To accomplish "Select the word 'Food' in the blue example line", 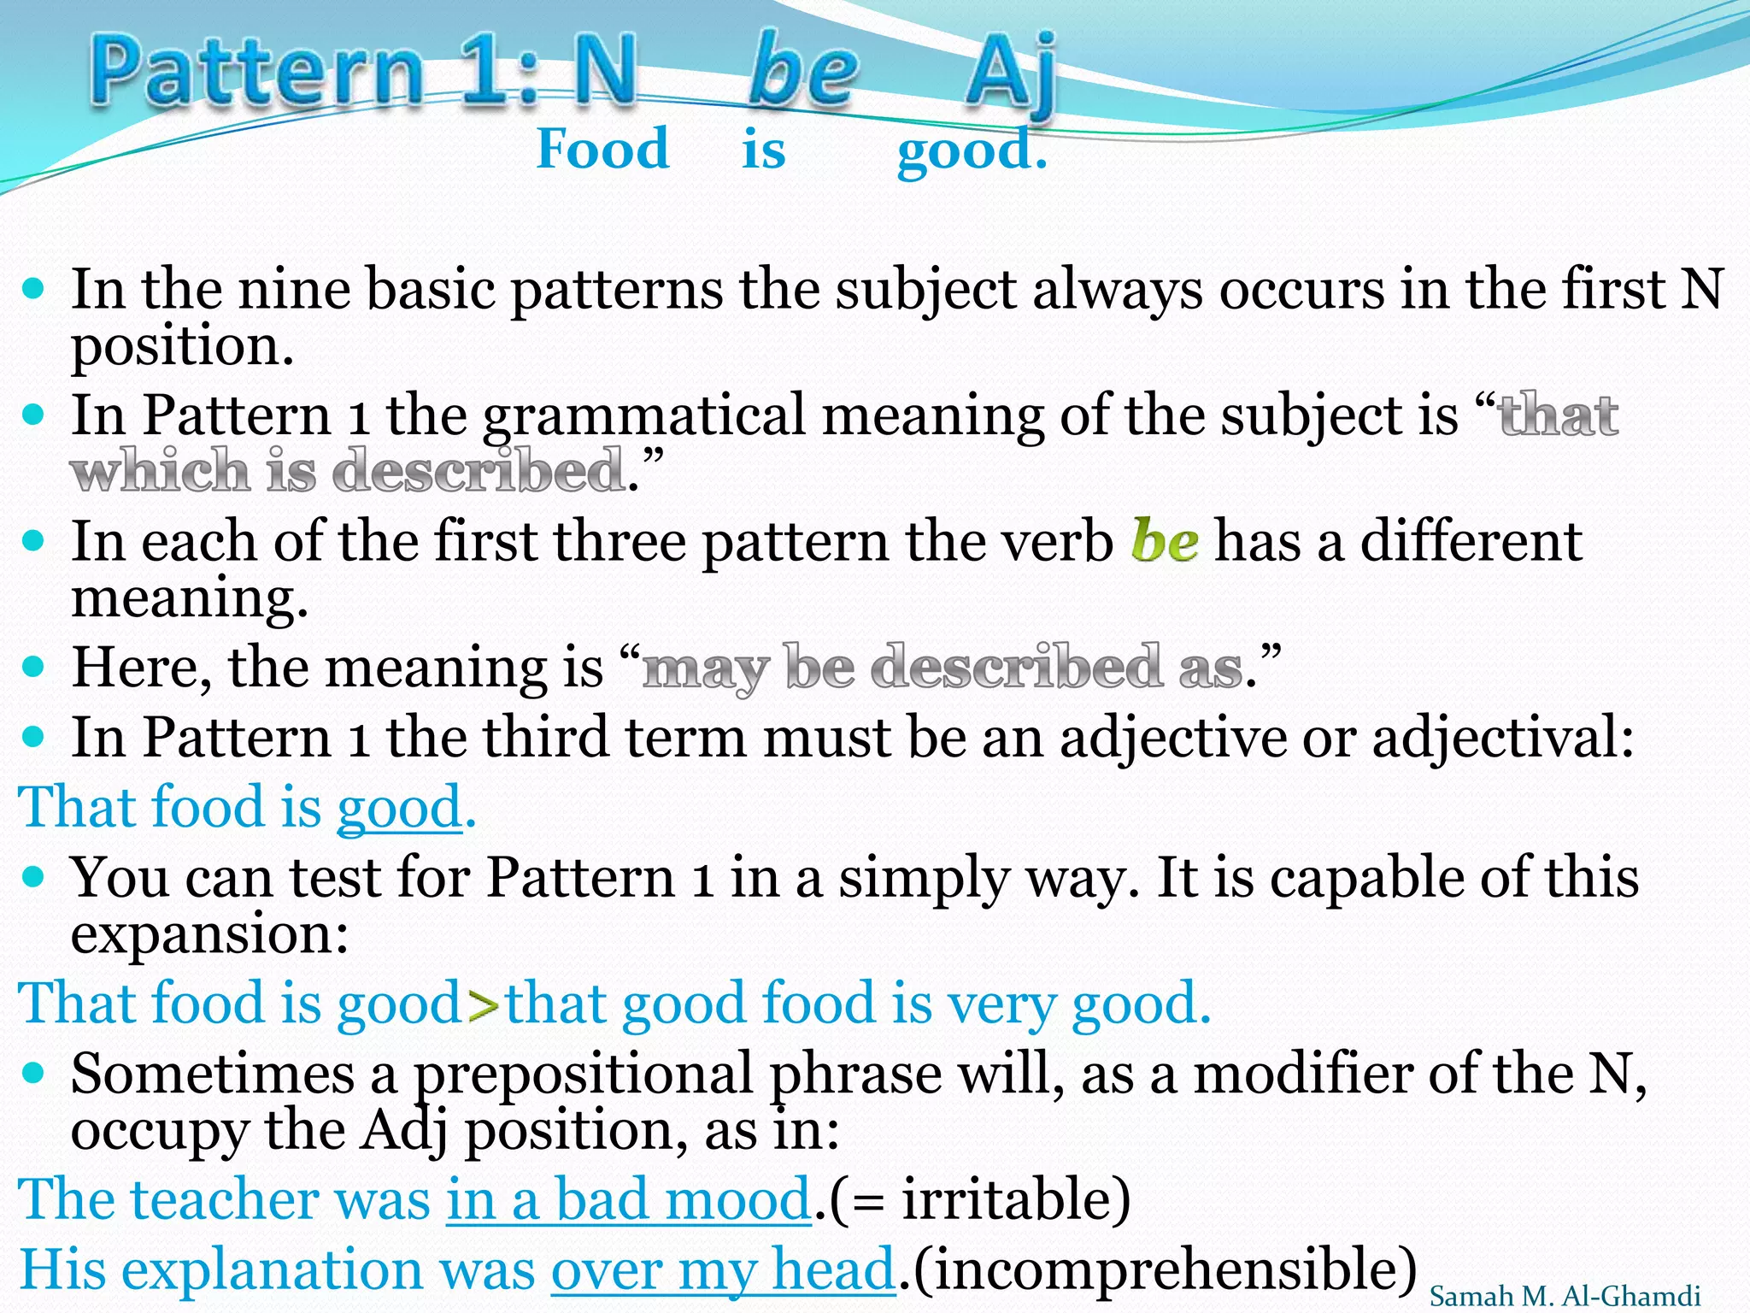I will pos(602,149).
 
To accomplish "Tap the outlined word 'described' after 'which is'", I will pos(478,471).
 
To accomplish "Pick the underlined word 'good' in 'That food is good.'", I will pos(400,808).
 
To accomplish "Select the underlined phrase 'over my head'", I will pos(723,1269).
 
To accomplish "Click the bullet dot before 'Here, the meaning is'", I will pos(33,666).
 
